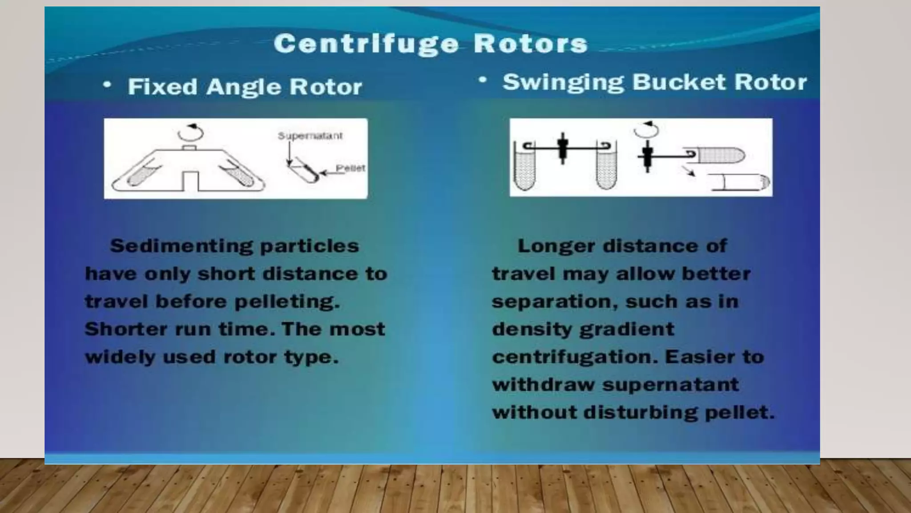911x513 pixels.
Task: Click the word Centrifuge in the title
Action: coord(366,44)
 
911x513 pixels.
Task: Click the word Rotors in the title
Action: coord(530,44)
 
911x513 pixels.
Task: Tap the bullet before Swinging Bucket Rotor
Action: coord(483,81)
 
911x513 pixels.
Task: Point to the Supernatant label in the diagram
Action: coord(310,136)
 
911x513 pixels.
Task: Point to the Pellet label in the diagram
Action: coord(351,168)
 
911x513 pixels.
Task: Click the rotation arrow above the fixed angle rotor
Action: coord(190,132)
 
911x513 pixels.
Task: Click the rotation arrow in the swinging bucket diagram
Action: coord(646,129)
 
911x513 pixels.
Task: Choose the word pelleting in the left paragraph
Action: coord(286,302)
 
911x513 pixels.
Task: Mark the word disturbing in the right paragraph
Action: coord(641,412)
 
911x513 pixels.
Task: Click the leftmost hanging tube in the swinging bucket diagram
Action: coord(524,167)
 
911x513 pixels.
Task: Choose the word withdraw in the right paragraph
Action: coord(543,385)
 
